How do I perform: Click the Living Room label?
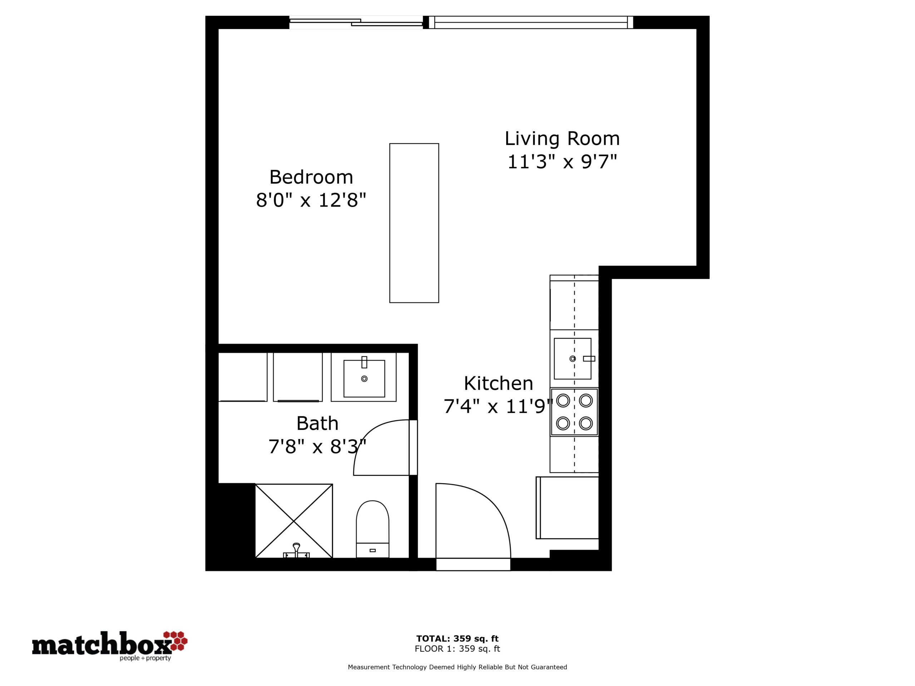(562, 139)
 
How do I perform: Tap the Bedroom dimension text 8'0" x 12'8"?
(311, 200)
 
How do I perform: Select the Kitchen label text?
(499, 384)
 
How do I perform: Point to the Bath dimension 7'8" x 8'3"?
(317, 447)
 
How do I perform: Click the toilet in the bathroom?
(372, 529)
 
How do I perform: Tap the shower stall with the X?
(294, 521)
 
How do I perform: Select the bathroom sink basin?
(364, 378)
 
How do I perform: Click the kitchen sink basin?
(573, 358)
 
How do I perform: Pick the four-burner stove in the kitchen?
(574, 412)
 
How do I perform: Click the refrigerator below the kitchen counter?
(567, 508)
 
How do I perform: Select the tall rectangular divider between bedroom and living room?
(414, 223)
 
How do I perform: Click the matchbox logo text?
(102, 645)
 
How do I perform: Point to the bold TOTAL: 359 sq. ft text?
(457, 639)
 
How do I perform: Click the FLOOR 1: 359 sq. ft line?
(457, 649)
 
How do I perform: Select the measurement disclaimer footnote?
(457, 667)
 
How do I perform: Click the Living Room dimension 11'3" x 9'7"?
(562, 162)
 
